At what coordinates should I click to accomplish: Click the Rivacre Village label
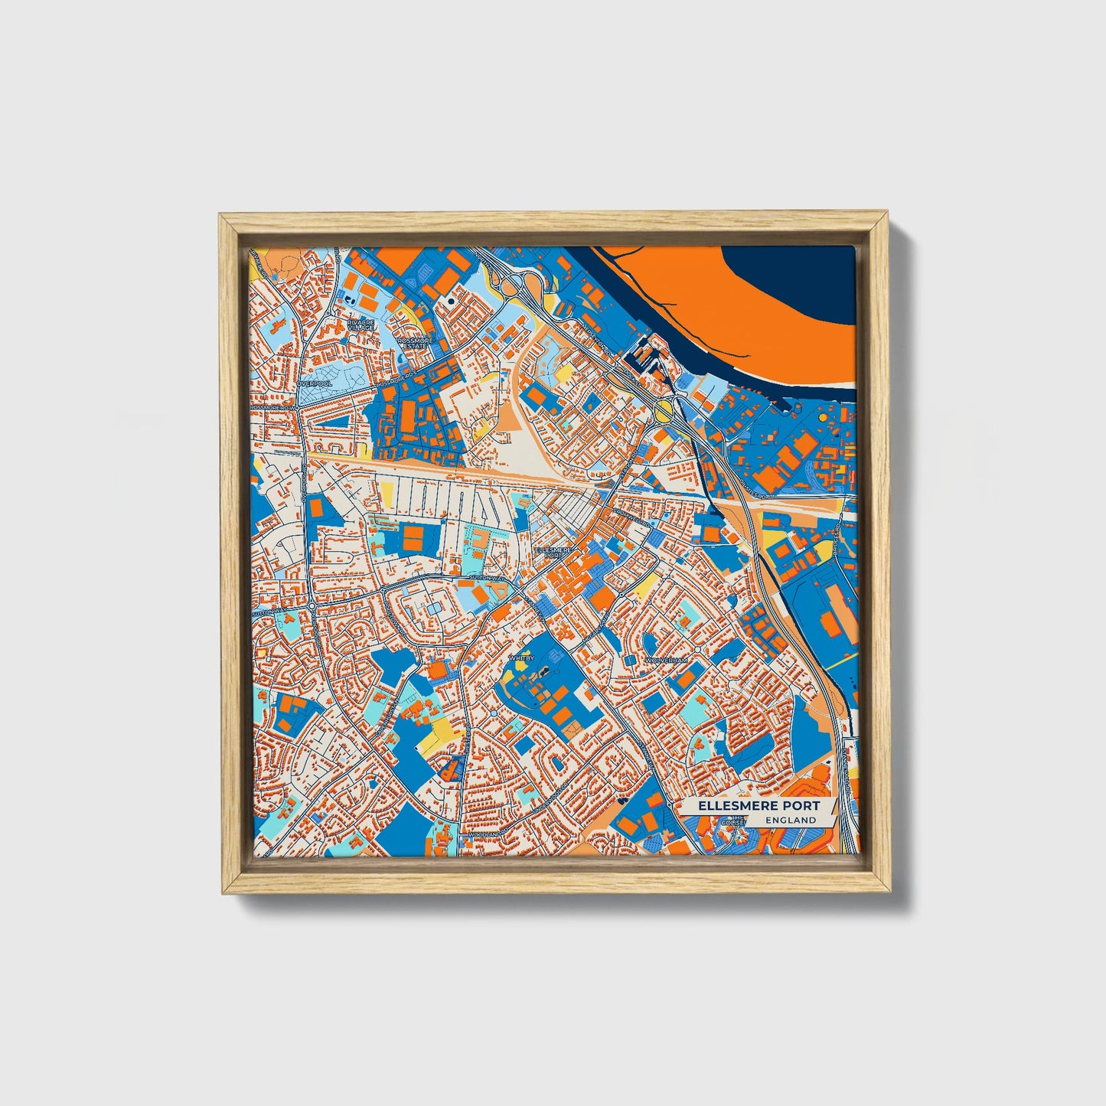click(361, 325)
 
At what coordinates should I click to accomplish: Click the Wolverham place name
click(666, 660)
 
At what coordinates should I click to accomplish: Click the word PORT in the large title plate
click(795, 805)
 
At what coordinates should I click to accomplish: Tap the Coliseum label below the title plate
click(737, 821)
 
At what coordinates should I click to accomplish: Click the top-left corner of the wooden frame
click(220, 215)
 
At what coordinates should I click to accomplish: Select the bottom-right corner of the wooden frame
click(891, 893)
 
